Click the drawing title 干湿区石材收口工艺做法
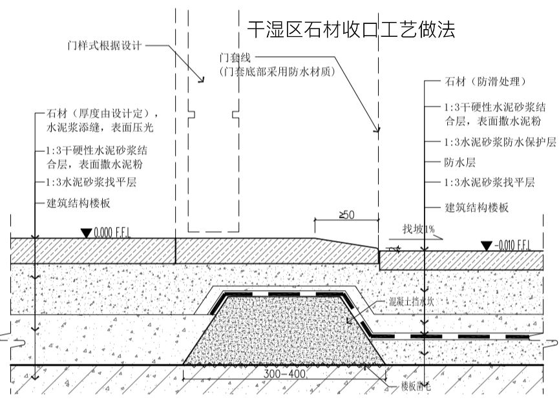[x=352, y=29]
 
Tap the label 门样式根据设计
[x=104, y=46]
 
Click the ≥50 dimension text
[x=346, y=215]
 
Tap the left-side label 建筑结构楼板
[x=79, y=202]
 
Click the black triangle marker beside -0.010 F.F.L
[x=486, y=245]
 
